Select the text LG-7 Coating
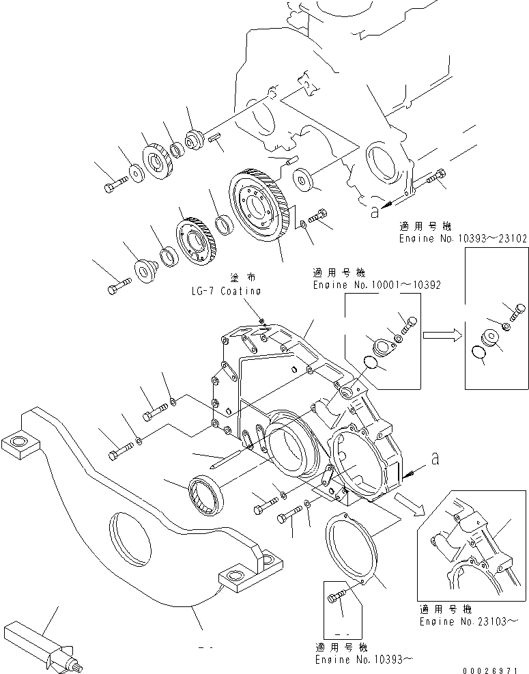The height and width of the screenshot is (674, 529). coord(226,291)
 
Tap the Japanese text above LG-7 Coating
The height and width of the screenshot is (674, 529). coord(226,279)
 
